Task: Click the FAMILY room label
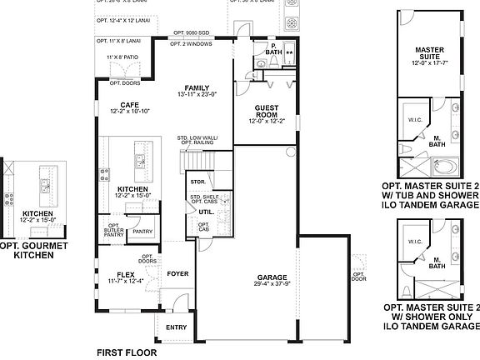pos(197,87)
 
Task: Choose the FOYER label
pos(177,272)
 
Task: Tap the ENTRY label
pos(176,327)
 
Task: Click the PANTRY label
pos(142,232)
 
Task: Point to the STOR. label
pos(197,181)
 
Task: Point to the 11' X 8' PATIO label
pos(122,57)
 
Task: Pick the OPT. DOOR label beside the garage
pos(358,276)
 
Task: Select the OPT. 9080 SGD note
pos(192,33)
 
